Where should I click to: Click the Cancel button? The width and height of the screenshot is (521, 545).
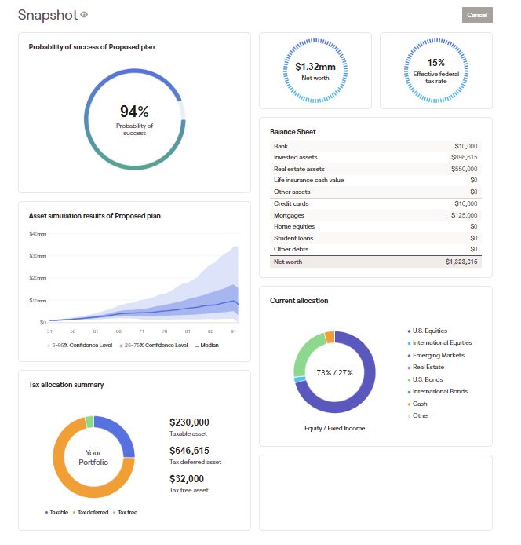pos(477,15)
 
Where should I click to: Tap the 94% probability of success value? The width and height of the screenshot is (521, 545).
pos(134,112)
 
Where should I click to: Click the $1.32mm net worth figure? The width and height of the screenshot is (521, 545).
pos(315,67)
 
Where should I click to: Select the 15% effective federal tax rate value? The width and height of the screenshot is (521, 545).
pos(435,63)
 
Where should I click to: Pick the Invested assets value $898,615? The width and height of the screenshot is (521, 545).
pos(465,157)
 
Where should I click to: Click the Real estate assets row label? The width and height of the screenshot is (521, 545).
pos(298,169)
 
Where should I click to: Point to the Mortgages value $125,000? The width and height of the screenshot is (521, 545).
pos(465,215)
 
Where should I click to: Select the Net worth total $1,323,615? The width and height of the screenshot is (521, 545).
pos(461,262)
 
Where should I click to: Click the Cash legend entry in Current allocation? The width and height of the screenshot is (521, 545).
pos(420,404)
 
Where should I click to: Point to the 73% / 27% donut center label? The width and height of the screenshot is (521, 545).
pos(334,372)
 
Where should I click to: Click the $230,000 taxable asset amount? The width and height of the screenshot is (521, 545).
pos(189,422)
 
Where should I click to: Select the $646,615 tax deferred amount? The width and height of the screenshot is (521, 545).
pos(189,451)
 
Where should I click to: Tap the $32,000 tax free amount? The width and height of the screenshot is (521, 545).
pos(187,478)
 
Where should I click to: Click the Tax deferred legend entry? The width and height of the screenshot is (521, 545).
pos(92,512)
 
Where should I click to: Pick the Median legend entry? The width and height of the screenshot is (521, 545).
pos(207,345)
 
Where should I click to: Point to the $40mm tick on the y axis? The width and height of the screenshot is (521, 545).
pos(38,234)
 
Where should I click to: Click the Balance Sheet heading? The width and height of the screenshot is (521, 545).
pos(293,131)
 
